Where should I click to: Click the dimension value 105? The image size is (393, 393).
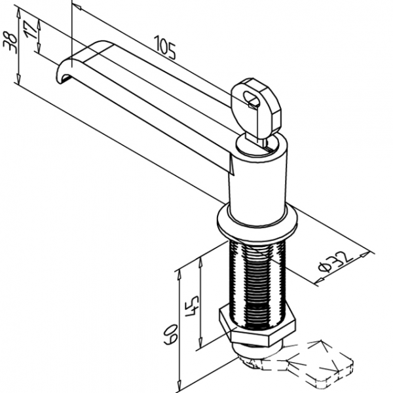164,48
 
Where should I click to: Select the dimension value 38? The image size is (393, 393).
10,42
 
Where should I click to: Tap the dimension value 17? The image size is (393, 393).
31,29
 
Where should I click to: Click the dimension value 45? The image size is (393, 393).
193,306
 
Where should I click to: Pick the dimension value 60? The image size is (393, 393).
171,334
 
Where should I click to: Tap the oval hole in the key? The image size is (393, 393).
252,98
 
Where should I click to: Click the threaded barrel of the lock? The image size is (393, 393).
257,283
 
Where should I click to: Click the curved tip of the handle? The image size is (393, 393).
65,70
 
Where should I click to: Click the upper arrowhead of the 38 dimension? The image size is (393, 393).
18,12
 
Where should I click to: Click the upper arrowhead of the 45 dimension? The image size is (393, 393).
200,263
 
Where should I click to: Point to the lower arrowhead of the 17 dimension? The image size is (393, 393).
39,48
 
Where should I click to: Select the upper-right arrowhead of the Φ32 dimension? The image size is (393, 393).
365,254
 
